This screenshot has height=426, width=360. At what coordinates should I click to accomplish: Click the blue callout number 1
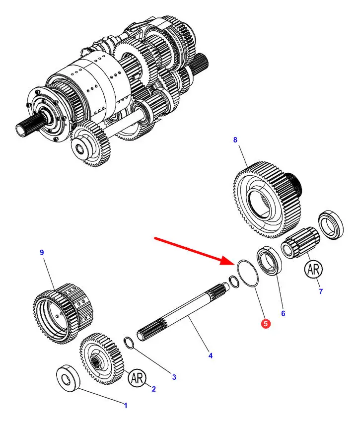coord(126,405)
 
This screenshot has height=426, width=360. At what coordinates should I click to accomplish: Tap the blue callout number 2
coord(153,389)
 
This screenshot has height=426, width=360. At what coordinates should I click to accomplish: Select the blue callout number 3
coord(174,377)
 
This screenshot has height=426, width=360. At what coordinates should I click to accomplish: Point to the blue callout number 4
coord(211,355)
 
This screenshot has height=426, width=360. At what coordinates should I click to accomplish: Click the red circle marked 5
coord(266,324)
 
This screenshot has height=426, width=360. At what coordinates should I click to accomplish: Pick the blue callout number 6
coord(283,313)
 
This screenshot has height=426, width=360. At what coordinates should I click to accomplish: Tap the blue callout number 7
coord(321,291)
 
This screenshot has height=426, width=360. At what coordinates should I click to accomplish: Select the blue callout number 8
coord(235,141)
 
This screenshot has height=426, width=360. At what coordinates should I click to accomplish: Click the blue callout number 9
coord(42,252)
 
